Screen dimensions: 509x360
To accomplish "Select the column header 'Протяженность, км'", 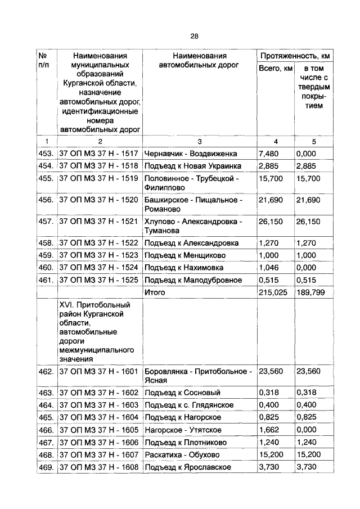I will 294,56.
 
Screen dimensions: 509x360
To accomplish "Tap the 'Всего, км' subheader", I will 275,69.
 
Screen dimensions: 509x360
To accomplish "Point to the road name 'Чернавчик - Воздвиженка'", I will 191,154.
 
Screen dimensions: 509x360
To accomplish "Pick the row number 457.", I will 46,221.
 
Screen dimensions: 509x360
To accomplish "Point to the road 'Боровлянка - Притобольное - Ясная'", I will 197,376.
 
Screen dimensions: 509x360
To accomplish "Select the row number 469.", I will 46,467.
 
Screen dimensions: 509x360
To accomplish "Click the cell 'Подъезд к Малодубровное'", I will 193,280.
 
